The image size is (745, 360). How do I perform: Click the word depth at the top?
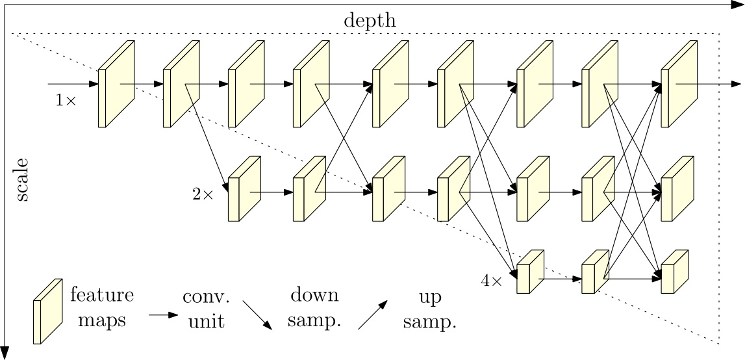coord(370,21)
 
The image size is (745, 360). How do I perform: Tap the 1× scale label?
coord(66,100)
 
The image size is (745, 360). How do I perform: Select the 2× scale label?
coord(203,194)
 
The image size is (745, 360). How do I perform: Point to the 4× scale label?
coord(491,281)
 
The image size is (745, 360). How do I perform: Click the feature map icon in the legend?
coord(48,311)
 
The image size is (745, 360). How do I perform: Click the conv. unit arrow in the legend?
coord(163,315)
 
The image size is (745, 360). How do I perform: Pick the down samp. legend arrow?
coord(257,315)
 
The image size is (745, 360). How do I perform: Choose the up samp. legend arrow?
coord(373,316)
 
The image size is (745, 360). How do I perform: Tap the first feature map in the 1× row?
coord(116,84)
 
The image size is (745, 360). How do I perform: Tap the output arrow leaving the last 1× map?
coord(714,84)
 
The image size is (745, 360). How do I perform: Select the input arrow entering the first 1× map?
coord(71,84)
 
